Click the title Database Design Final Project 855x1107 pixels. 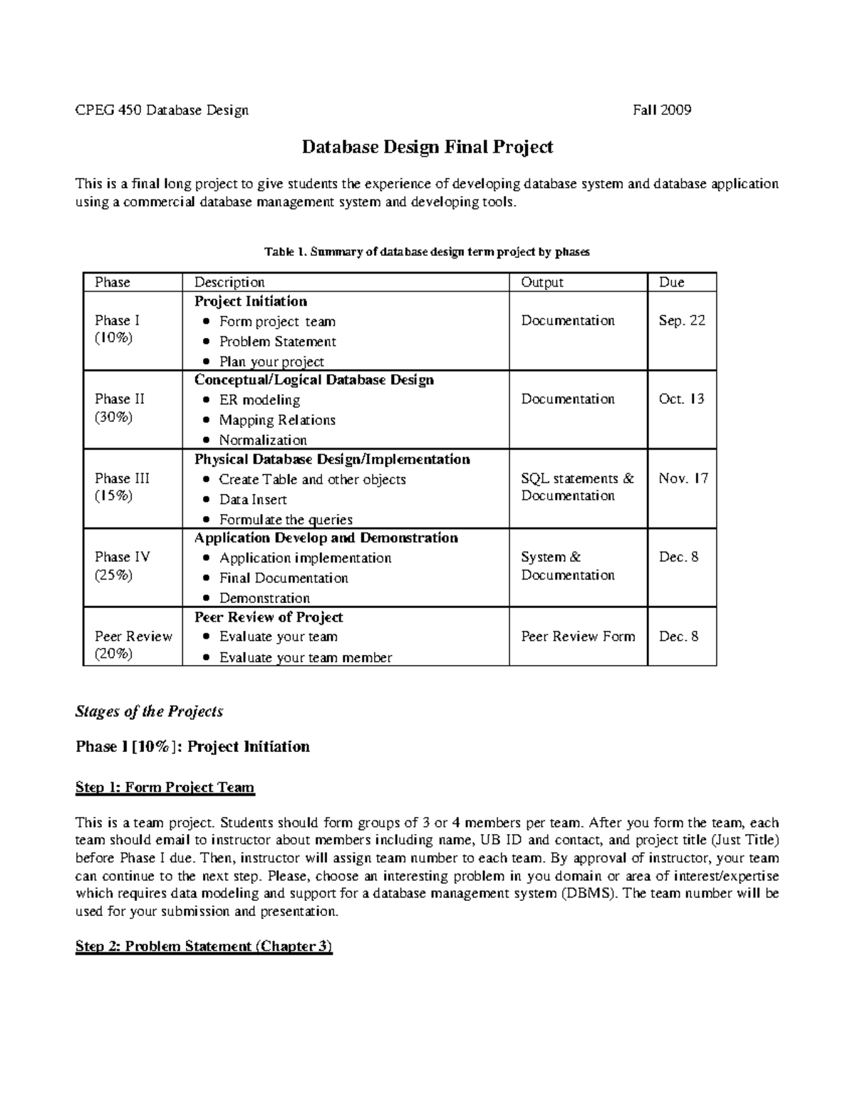click(x=427, y=147)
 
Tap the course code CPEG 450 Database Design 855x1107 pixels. click(x=162, y=110)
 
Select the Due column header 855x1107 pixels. click(x=671, y=282)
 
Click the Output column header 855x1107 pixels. click(x=541, y=282)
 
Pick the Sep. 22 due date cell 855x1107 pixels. click(x=682, y=320)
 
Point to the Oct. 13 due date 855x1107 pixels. click(x=681, y=398)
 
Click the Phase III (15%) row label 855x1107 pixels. click(x=122, y=487)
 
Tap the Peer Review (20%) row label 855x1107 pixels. click(x=133, y=645)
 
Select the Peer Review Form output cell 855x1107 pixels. click(x=577, y=636)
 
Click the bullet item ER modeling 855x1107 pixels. click(x=259, y=400)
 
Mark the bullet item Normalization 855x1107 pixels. click(x=263, y=440)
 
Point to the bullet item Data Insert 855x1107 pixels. click(x=253, y=499)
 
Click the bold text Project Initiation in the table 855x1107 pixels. click(x=251, y=301)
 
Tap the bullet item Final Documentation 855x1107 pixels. click(x=284, y=577)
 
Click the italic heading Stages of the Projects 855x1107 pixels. click(x=149, y=711)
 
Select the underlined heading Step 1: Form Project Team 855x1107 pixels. click(x=165, y=787)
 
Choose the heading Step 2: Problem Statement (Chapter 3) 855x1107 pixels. click(x=204, y=946)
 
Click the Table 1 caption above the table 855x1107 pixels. click(x=427, y=252)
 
